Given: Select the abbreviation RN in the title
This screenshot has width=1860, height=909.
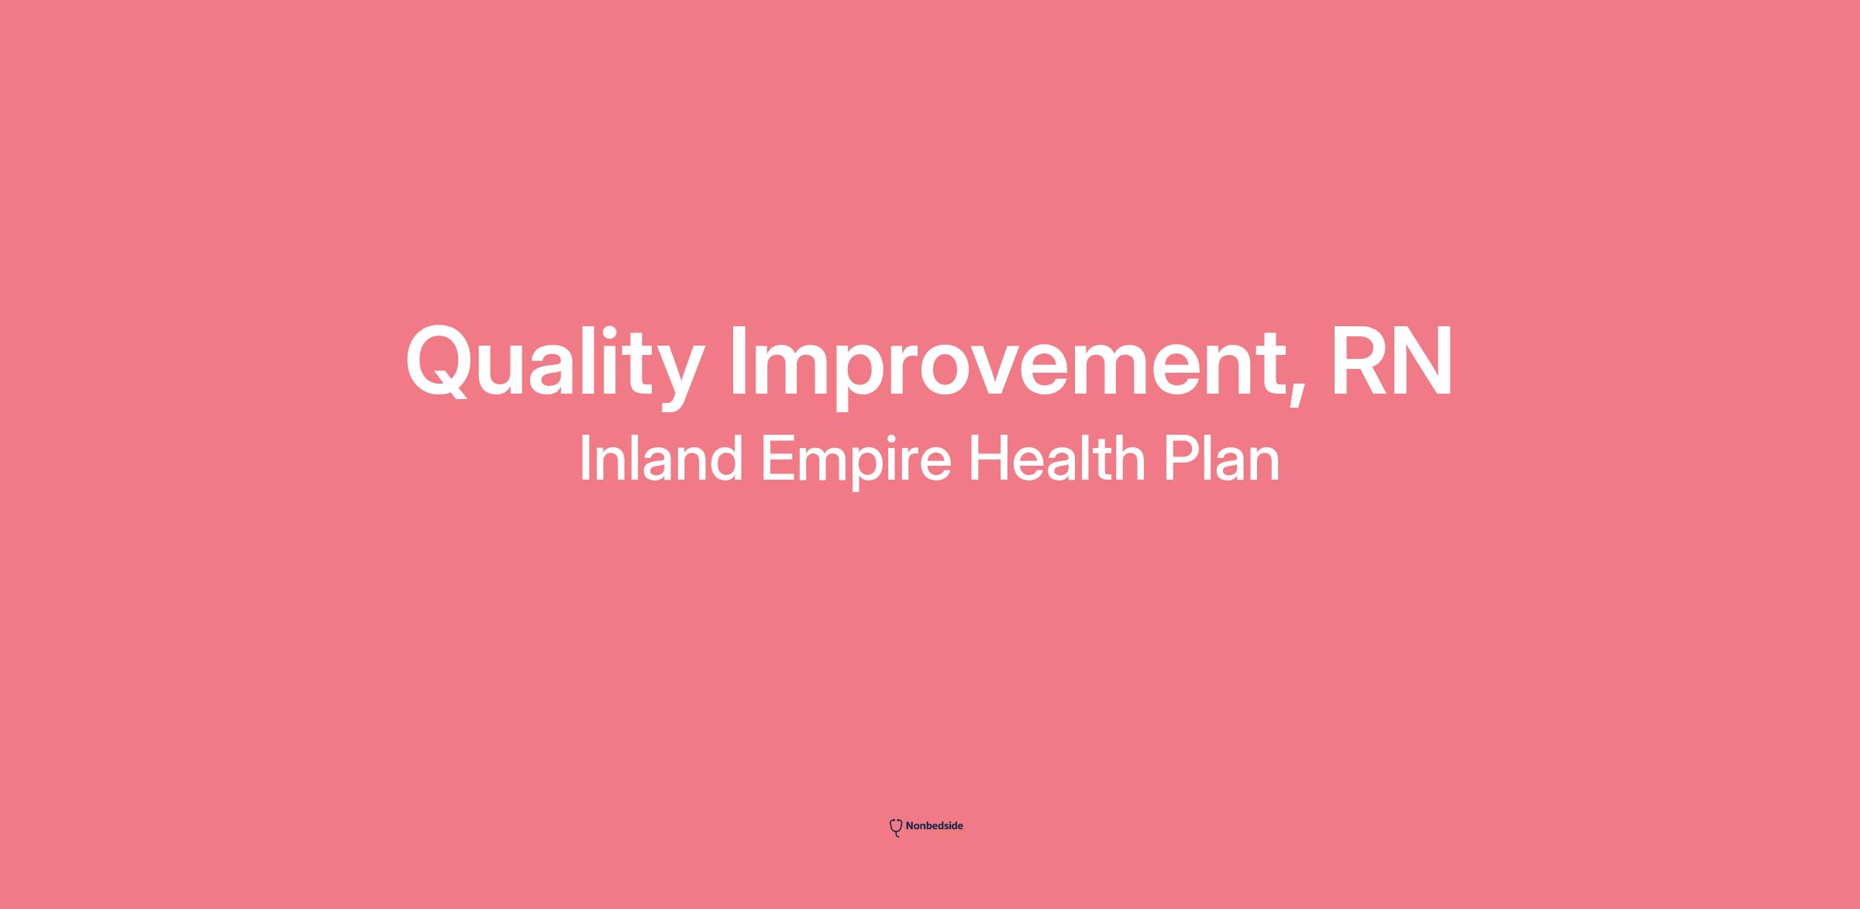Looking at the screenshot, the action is tap(1392, 360).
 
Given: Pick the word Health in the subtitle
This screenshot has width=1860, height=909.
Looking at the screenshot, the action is tap(1057, 459).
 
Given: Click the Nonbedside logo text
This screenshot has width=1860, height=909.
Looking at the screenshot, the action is tap(934, 826).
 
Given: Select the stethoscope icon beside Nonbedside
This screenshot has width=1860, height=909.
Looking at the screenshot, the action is tap(896, 828).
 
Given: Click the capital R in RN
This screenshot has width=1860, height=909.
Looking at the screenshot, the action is tap(1360, 360).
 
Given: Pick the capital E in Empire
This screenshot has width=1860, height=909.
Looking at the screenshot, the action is tap(777, 459).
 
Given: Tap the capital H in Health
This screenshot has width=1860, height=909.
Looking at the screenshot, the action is tap(988, 459).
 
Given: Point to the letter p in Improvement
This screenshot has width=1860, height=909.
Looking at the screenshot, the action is tap(866, 377).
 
